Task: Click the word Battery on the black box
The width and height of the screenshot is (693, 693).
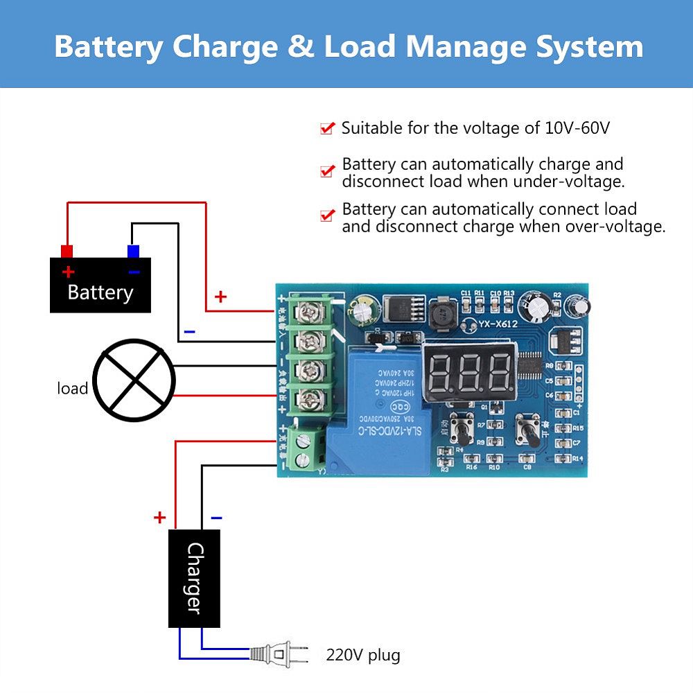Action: (100, 292)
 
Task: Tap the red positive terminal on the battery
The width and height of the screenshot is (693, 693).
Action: (67, 251)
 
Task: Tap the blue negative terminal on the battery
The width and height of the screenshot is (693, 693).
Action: (133, 251)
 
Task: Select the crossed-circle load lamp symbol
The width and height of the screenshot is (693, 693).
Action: (134, 380)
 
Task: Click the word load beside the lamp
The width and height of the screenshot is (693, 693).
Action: (72, 389)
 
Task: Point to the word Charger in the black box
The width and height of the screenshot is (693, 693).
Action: (195, 578)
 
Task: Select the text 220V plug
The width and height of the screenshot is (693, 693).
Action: (362, 655)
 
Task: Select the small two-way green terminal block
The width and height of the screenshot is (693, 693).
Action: (303, 448)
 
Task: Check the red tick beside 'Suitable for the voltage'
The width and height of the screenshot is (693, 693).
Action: (328, 128)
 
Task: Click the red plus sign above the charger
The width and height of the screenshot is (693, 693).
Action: (160, 517)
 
